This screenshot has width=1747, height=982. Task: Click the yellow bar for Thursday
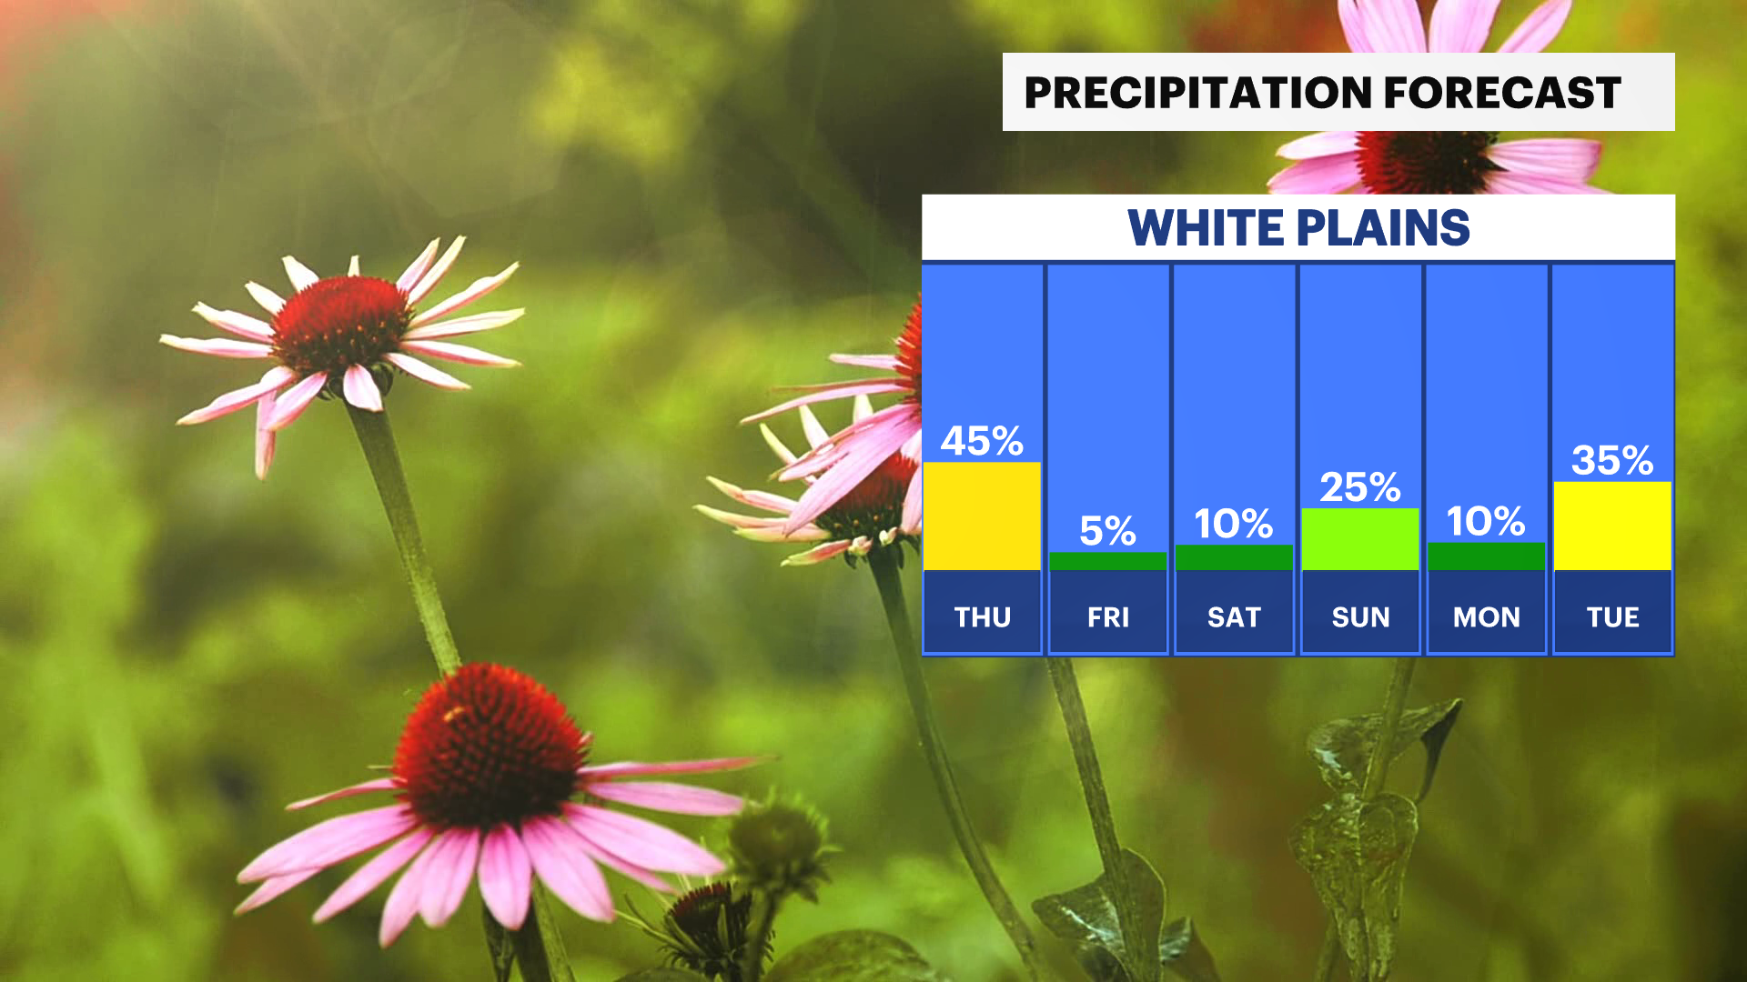[x=982, y=516]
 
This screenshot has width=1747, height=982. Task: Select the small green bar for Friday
[x=1107, y=562]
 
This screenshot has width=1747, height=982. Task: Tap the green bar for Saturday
[x=1234, y=558]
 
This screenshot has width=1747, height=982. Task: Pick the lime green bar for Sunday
[x=1360, y=539]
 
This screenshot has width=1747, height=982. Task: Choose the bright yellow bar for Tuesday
[x=1612, y=526]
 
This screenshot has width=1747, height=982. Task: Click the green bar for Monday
[x=1486, y=556]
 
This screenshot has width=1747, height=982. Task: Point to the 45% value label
[x=982, y=441]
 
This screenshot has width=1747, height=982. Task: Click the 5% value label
[x=1107, y=531]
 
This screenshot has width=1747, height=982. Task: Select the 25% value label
[x=1360, y=487]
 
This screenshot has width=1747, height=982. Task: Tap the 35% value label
[x=1612, y=460]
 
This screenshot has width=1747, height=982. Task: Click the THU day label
[x=983, y=617]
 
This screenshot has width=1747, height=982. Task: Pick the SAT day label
[x=1234, y=617]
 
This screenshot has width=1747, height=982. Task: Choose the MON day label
[x=1487, y=617]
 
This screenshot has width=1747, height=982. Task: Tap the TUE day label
[x=1613, y=617]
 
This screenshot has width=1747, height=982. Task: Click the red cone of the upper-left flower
[x=339, y=324]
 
